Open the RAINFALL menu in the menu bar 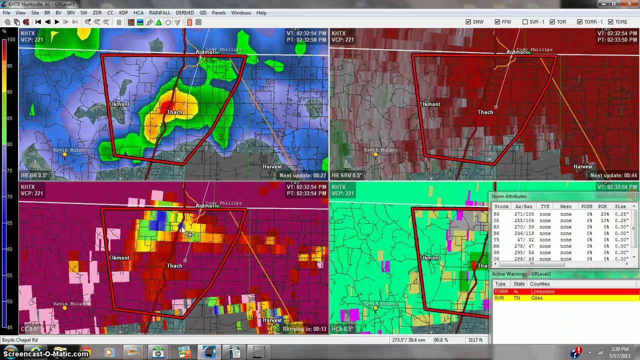[159, 12]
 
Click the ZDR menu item [97, 12]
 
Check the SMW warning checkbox [468, 22]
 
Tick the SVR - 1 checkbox [525, 22]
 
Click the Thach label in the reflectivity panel [174, 112]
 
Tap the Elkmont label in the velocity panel [430, 104]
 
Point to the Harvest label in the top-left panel [272, 166]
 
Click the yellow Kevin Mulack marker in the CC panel [64, 308]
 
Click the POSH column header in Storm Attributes [586, 206]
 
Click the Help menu [261, 12]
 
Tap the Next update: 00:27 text [303, 175]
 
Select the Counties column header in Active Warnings [539, 284]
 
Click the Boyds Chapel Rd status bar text [20, 340]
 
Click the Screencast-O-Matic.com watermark [45, 353]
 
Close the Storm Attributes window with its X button [635, 196]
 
